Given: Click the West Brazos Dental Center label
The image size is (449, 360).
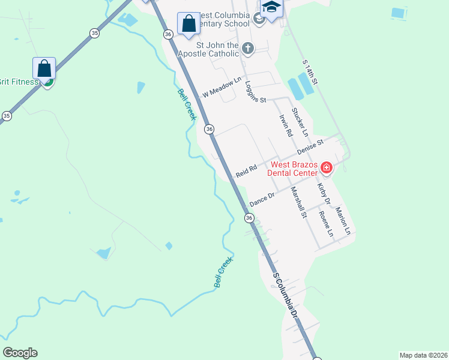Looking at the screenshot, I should click(294, 169).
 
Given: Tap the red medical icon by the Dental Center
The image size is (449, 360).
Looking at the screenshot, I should click(327, 167).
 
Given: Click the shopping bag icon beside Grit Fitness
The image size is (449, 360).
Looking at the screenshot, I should click(45, 68).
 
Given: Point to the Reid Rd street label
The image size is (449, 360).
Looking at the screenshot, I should click(246, 171).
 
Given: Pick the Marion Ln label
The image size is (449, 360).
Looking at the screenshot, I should click(343, 220).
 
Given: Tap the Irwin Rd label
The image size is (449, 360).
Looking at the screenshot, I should click(285, 125).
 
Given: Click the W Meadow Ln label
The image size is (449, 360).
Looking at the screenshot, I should click(221, 87).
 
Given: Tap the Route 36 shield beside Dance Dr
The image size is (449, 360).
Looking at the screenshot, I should click(249, 218).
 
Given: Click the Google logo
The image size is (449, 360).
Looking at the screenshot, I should click(20, 353).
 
